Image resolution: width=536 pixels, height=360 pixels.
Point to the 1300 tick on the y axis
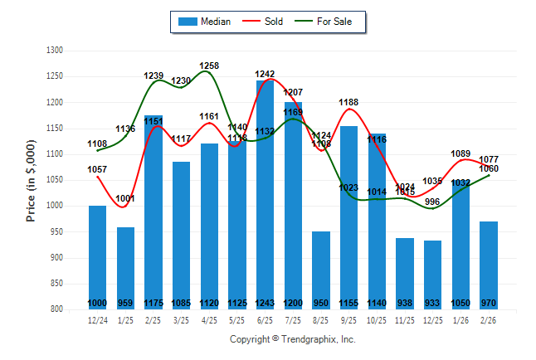point(55,51)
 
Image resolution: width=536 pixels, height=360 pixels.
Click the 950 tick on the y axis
point(56,232)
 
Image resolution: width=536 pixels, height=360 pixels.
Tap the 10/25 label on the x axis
point(378,319)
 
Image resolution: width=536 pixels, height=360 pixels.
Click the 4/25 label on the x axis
point(209,319)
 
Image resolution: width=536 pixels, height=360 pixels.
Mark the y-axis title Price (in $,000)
point(31,180)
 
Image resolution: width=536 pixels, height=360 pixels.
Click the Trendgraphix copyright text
point(292,339)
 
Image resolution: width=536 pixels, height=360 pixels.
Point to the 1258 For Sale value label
point(209,66)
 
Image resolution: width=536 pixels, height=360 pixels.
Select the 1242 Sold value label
point(266,74)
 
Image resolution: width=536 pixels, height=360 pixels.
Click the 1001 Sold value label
point(125,198)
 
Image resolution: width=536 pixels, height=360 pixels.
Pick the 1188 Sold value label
point(349,102)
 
